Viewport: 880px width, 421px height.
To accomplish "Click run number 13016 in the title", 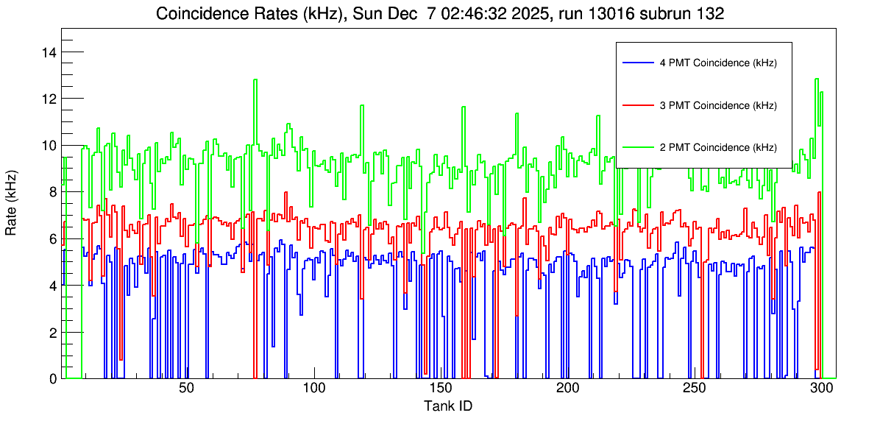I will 581,14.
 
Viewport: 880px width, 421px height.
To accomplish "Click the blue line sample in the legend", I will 637,63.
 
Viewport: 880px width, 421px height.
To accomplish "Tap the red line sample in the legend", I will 637,105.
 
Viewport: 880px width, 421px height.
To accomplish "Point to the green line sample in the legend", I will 637,147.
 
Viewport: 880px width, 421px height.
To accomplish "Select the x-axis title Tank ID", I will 447,406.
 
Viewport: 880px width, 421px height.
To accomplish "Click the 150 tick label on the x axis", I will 440,389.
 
